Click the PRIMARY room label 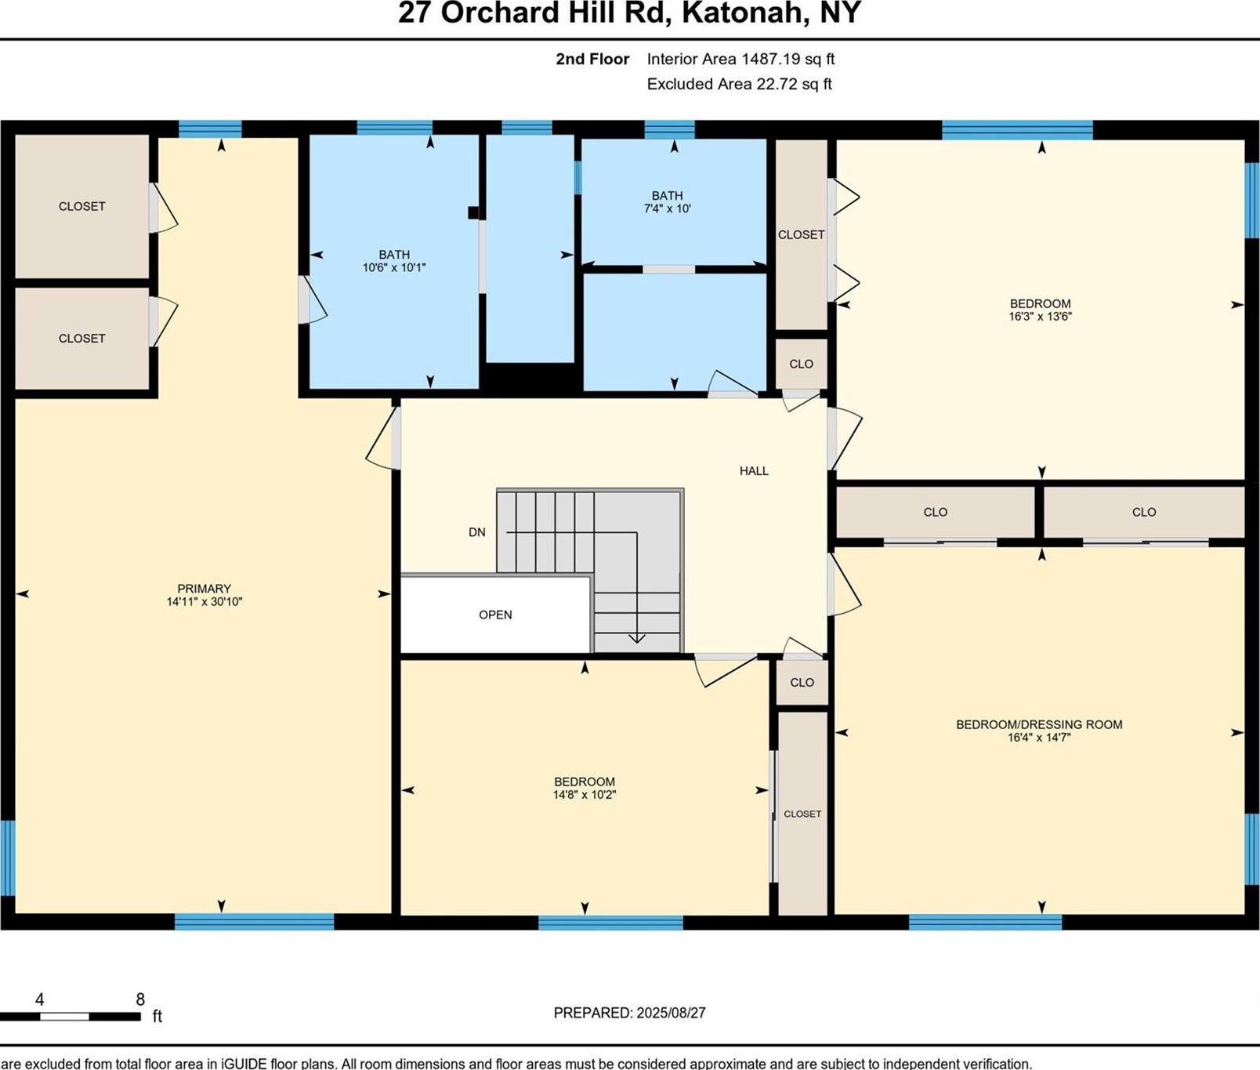coord(204,589)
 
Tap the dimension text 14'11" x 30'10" coord(204,602)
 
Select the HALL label coord(754,471)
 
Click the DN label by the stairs coord(476,532)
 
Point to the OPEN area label coord(495,615)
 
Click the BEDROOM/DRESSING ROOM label coord(1039,725)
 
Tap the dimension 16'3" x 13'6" coord(1040,317)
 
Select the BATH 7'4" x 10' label coord(667,202)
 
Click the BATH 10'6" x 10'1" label coord(394,261)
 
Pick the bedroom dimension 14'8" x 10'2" coord(585,795)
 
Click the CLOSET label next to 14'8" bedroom coord(802,814)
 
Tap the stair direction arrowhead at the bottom coord(636,638)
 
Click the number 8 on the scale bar coord(140,999)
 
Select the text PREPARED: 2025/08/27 coord(629,1013)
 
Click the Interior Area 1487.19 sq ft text coord(740,59)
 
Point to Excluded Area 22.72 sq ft coord(739,84)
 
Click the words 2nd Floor coord(592,59)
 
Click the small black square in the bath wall coord(473,212)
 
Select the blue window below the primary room coord(254,922)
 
